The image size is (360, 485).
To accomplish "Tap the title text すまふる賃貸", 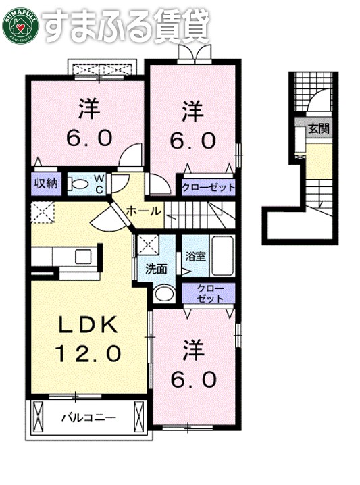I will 126,26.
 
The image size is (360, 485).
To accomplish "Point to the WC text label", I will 99,182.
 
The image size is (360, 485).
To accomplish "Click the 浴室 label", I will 195,257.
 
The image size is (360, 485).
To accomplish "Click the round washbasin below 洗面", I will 163,294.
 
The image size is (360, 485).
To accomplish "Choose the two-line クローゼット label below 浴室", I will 208,293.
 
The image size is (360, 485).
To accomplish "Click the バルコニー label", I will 88,417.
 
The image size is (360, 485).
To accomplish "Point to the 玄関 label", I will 318,129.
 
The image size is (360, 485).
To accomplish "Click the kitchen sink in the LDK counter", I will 84,257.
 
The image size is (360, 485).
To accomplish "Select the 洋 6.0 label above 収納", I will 86,122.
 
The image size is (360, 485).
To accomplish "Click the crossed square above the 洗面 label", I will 147,243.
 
